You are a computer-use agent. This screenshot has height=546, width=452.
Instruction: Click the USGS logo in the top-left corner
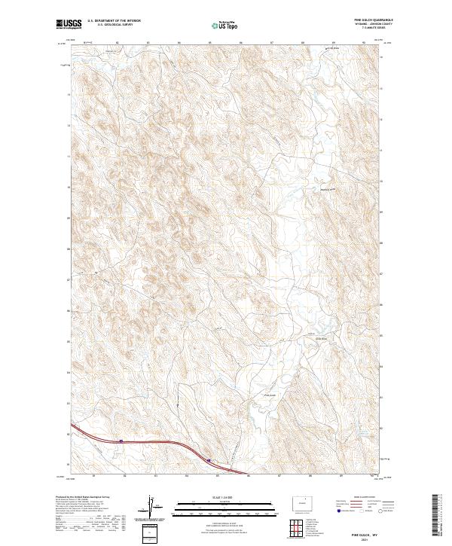[69, 24]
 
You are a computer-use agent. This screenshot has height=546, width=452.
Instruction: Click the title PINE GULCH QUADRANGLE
[368, 20]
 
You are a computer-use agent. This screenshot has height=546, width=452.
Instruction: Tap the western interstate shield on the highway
[121, 441]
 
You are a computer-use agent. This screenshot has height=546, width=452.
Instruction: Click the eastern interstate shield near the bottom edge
[209, 460]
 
